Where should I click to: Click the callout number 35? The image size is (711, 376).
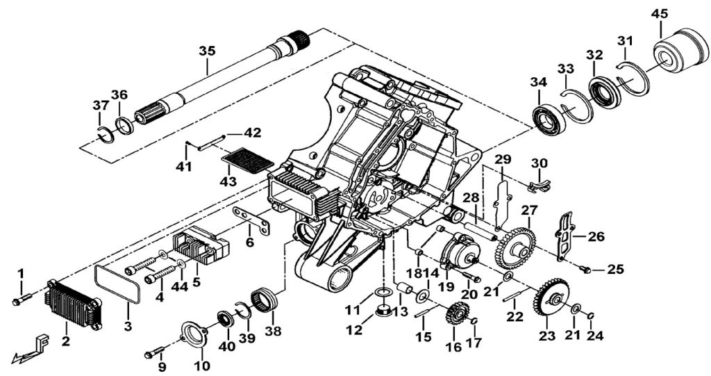tap(207, 51)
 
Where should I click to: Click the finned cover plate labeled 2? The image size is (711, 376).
tap(72, 305)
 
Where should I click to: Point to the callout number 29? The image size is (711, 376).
tap(503, 159)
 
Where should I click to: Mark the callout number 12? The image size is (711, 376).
tap(355, 330)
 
